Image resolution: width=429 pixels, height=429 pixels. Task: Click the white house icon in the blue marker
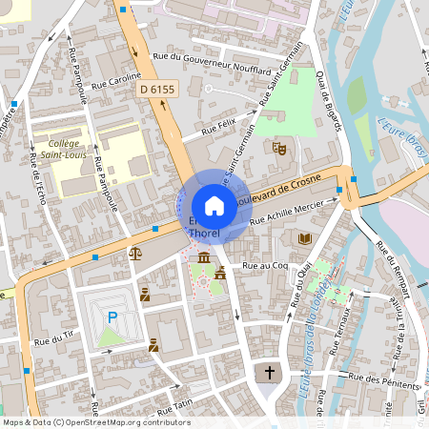[214, 205]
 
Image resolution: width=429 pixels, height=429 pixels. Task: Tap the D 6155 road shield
[156, 89]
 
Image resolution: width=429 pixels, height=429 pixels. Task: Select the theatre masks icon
[279, 148]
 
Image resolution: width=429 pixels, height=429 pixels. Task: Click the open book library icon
[305, 238]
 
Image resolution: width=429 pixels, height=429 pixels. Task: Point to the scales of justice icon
[134, 254]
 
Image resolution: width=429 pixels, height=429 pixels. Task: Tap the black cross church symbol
[270, 372]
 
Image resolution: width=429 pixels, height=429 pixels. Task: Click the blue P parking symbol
[112, 317]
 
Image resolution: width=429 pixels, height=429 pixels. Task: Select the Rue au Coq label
[265, 266]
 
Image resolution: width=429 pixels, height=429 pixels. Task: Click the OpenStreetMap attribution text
[95, 421]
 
